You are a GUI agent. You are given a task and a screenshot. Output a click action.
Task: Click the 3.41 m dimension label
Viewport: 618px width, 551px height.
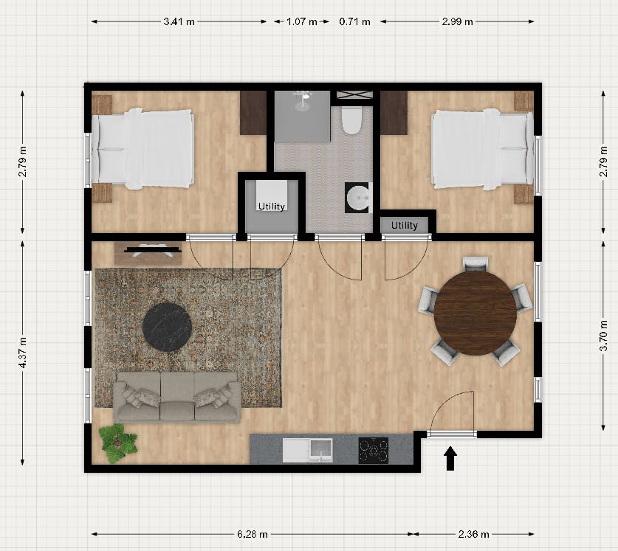click(179, 21)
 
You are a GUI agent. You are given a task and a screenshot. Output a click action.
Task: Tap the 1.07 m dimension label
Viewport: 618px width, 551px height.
click(301, 21)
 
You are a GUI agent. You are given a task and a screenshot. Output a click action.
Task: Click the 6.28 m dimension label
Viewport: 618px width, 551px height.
click(253, 533)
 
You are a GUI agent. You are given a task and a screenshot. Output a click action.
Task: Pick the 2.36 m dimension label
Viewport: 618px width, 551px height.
click(473, 533)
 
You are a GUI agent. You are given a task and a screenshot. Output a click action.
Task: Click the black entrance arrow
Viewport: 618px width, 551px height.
click(450, 460)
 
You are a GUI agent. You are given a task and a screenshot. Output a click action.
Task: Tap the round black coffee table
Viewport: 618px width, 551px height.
click(168, 325)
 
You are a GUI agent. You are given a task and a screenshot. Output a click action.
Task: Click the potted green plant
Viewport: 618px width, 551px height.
click(118, 443)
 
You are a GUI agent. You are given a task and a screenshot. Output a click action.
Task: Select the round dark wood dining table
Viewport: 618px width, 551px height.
click(475, 313)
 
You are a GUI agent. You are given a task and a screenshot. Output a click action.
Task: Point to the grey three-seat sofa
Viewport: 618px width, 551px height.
click(176, 396)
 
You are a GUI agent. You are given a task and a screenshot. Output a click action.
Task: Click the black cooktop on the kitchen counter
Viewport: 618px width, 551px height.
click(374, 449)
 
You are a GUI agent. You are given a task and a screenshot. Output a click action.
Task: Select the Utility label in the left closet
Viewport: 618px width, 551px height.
click(271, 207)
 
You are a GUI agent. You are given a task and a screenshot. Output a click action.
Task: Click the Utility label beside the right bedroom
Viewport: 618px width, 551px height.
click(405, 225)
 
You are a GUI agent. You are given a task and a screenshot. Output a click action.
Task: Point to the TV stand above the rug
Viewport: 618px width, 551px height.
click(148, 252)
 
